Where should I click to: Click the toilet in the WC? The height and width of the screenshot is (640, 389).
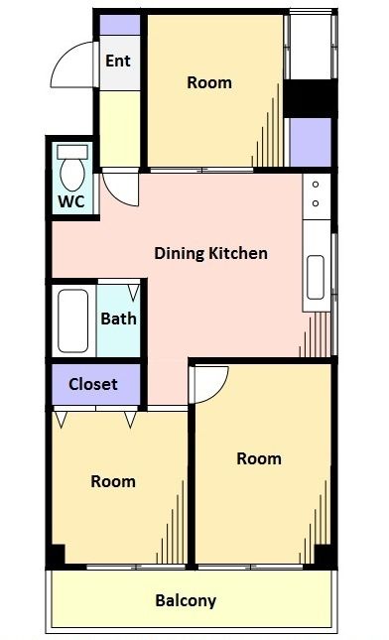tap(72, 168)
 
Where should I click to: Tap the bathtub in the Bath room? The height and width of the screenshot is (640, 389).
tap(73, 320)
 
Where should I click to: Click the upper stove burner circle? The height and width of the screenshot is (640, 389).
tap(316, 185)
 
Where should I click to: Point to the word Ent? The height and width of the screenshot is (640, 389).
tap(118, 61)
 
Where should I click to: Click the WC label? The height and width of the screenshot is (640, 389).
tap(71, 201)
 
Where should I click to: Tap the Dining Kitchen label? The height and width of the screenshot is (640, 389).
tap(211, 253)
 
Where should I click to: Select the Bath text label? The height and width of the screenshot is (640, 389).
tap(118, 319)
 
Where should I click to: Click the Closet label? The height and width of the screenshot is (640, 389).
tap(93, 384)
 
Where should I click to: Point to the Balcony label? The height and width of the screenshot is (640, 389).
tap(186, 601)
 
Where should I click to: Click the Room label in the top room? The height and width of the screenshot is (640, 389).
tap(209, 82)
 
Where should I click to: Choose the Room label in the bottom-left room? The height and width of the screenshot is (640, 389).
tap(113, 481)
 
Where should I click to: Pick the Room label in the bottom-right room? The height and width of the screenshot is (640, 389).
tap(259, 458)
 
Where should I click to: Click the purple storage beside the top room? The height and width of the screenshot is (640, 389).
tap(311, 142)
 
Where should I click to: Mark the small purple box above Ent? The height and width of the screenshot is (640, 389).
tap(120, 25)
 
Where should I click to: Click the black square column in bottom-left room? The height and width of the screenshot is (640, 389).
tap(56, 555)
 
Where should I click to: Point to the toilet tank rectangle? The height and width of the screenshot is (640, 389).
tap(72, 152)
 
